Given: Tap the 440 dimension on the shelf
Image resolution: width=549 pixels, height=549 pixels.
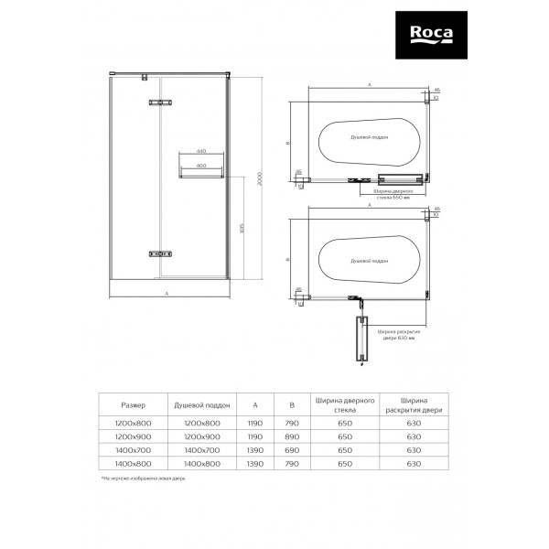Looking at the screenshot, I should coord(201,149).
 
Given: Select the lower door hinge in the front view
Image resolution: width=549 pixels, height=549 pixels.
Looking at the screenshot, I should coord(152,253).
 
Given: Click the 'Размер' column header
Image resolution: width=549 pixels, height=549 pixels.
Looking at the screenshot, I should coord(134,404).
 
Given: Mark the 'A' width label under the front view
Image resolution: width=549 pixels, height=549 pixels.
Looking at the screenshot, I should coord(167,294).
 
